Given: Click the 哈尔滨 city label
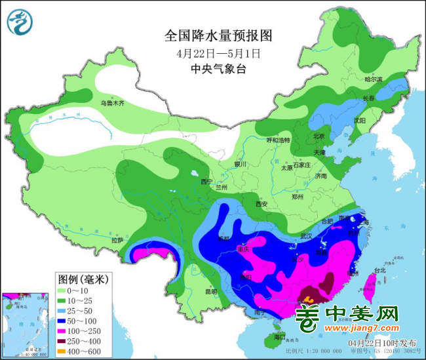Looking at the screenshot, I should (373, 79).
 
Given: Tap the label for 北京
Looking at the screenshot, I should (319, 136).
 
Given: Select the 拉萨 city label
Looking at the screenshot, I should (117, 241).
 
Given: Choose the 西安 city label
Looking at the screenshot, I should (262, 204).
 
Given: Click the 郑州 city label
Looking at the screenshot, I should (299, 196).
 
